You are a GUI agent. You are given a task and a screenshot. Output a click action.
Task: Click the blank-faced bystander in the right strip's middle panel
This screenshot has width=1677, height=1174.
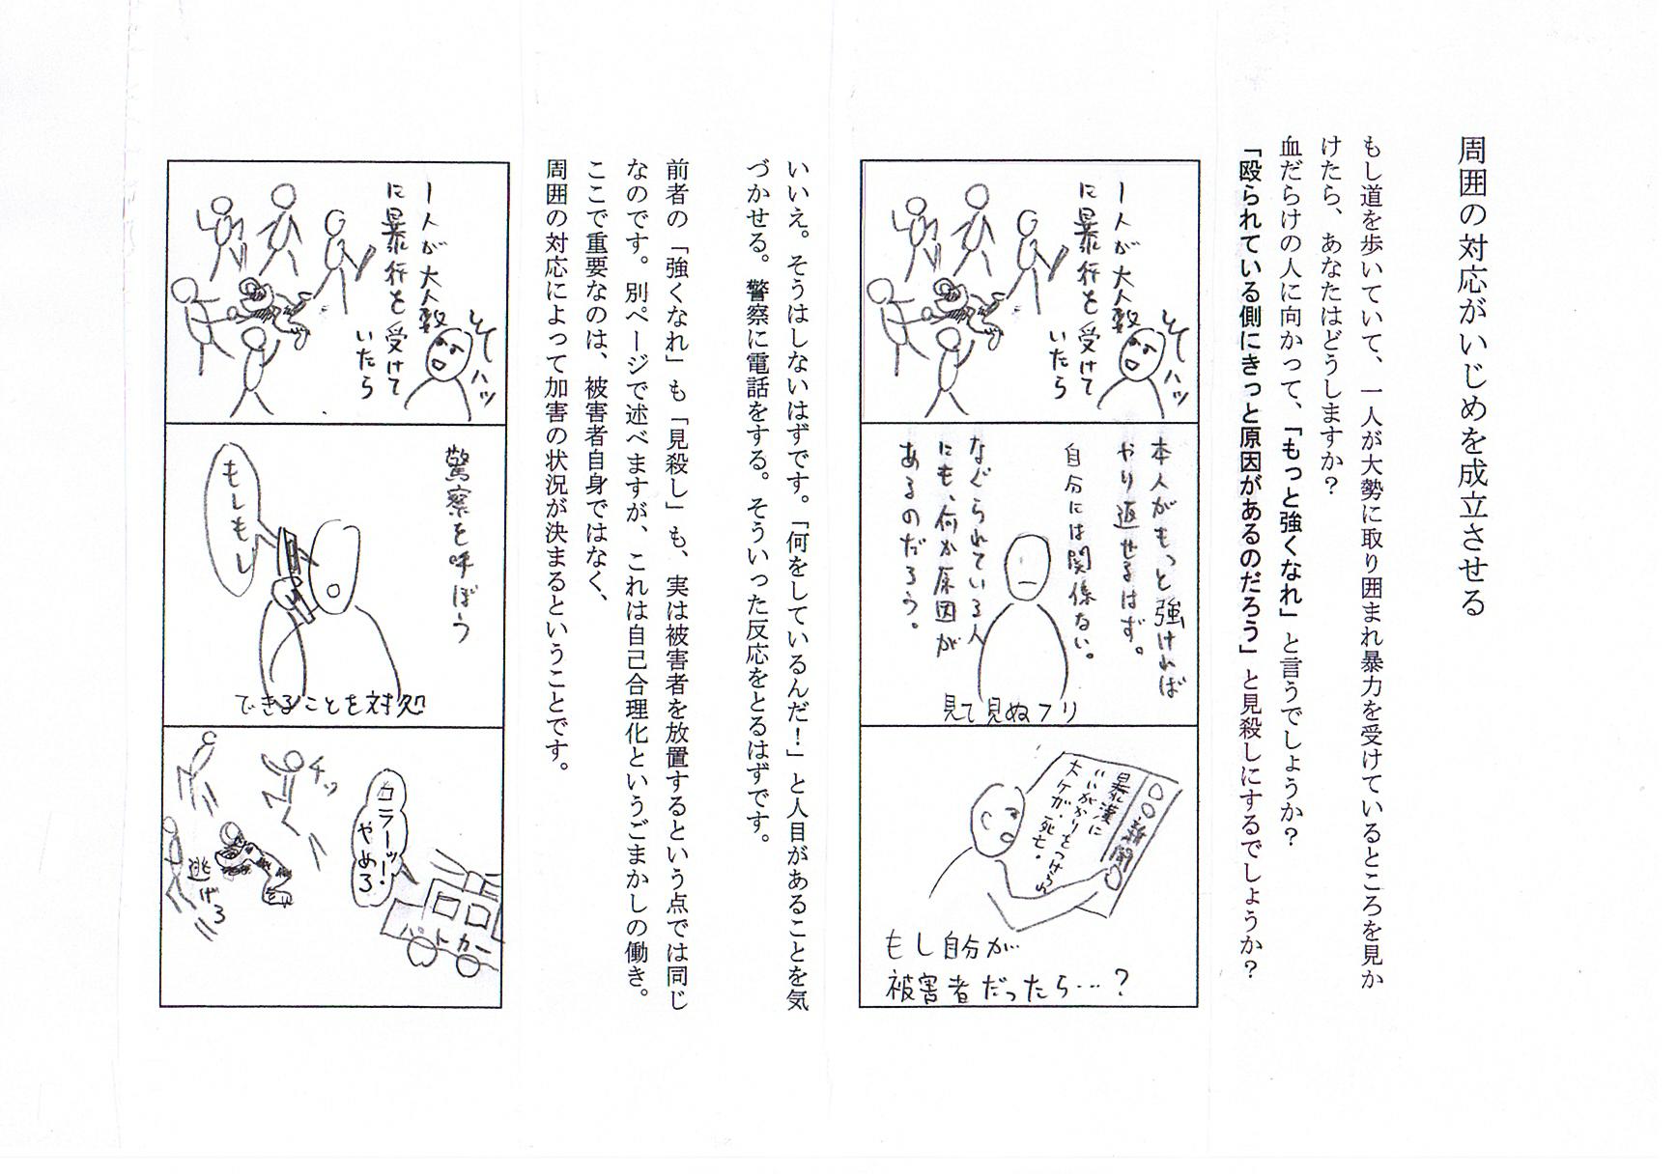coord(1026,574)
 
